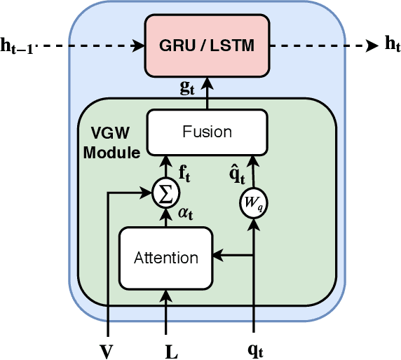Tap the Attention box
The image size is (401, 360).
[165, 257]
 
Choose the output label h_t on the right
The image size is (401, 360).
[392, 45]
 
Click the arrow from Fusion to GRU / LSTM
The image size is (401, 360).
[207, 93]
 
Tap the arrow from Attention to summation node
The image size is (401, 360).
[165, 216]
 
